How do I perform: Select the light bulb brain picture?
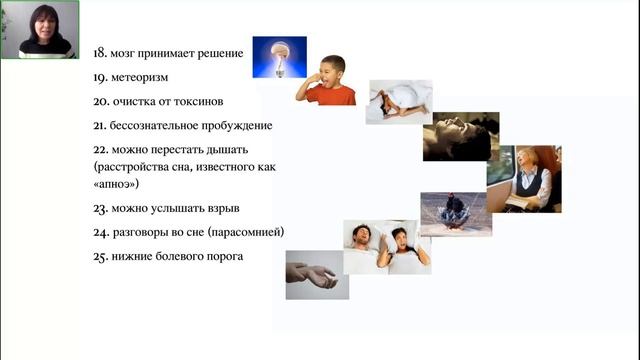click(279, 57)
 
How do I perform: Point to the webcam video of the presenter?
click(39, 30)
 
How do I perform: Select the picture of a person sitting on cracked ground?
click(455, 212)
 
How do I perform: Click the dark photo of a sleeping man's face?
click(461, 136)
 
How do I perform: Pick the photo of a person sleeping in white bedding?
click(398, 102)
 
